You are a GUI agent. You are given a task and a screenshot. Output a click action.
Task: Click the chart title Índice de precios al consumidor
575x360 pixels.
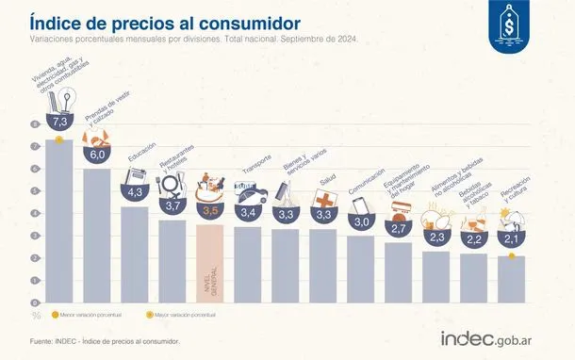[165, 21]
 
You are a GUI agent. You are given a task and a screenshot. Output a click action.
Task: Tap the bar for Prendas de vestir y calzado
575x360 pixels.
[97, 236]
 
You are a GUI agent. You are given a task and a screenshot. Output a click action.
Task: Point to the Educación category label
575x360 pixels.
[143, 160]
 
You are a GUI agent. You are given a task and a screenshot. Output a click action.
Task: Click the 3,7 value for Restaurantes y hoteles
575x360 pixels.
[172, 205]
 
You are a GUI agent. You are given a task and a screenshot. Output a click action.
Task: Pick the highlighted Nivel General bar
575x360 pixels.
[212, 264]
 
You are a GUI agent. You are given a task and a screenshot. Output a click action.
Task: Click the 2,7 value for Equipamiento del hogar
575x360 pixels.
[398, 229]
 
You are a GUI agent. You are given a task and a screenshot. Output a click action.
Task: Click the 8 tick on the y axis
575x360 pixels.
[38, 125]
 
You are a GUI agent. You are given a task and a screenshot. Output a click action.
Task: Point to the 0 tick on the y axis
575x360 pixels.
[38, 302]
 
